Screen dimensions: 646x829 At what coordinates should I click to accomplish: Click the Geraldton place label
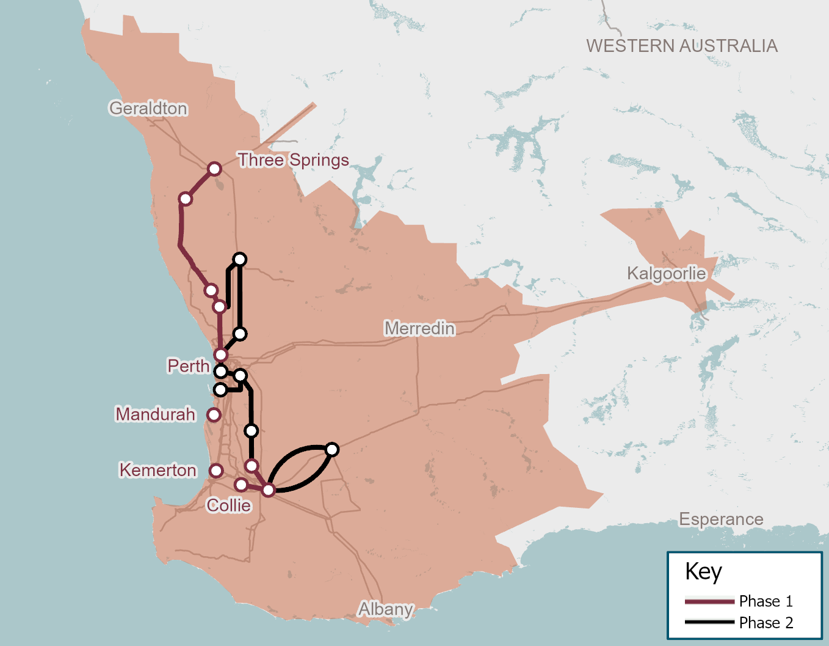point(148,108)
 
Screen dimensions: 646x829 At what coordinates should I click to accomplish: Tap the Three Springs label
point(294,160)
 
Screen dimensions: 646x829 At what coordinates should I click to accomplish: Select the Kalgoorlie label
point(666,273)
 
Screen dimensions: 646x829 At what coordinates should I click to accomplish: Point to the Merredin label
point(419,328)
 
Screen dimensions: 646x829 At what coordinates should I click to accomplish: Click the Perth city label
point(189,366)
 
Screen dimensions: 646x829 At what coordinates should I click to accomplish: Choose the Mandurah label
point(156,414)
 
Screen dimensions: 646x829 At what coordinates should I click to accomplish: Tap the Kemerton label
point(158,470)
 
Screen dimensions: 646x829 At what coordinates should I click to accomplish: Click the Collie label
point(229,505)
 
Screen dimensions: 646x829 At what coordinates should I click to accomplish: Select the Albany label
point(386,609)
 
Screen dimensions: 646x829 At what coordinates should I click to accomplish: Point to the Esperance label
point(721,519)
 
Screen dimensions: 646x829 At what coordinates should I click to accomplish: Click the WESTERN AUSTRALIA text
point(682,46)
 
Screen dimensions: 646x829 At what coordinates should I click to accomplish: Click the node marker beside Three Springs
point(214,169)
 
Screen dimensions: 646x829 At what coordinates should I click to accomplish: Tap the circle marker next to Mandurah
point(214,415)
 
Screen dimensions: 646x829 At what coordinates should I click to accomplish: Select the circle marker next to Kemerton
point(216,471)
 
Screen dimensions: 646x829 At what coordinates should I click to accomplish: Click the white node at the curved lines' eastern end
point(332,450)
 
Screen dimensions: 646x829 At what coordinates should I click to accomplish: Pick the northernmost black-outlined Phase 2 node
point(240,260)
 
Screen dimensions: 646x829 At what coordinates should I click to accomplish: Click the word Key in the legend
point(703,572)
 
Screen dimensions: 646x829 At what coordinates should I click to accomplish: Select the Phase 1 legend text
point(766,601)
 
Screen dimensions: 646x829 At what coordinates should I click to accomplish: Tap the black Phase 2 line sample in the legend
point(709,622)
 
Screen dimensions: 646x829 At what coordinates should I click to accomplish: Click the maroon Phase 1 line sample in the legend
point(709,601)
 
